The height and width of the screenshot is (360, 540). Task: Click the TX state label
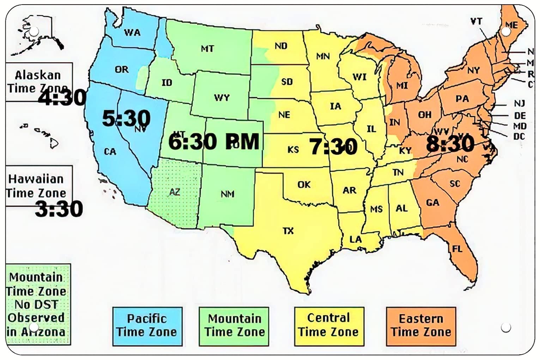coord(288,231)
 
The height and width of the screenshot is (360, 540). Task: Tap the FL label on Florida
coord(457,249)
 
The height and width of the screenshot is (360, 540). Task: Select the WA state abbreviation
coord(132,33)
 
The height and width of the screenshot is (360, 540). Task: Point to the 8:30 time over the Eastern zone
coord(450,144)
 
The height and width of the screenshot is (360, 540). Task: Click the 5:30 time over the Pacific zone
coord(126,118)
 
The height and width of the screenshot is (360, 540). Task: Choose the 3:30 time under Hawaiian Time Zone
coord(59,209)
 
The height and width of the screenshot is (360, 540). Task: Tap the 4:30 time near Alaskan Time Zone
coord(62,98)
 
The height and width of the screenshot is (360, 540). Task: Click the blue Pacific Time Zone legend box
coord(147,326)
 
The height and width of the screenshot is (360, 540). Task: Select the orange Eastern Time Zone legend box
coord(421,326)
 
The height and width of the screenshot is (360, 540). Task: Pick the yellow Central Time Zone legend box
coord(329,325)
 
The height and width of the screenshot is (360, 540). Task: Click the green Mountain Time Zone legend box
coord(234,326)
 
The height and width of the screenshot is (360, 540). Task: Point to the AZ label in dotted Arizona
coord(175,192)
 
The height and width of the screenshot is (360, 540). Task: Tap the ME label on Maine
coord(512,25)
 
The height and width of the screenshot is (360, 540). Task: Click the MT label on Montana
coord(207,48)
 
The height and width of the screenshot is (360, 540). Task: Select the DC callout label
coord(519,136)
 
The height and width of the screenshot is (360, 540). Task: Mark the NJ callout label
coord(519,103)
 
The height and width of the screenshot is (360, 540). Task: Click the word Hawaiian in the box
coord(36,179)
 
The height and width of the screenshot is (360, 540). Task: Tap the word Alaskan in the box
coord(38,75)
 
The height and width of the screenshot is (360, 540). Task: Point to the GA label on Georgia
coord(432,203)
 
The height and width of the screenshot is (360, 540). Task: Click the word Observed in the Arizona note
coord(36,317)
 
